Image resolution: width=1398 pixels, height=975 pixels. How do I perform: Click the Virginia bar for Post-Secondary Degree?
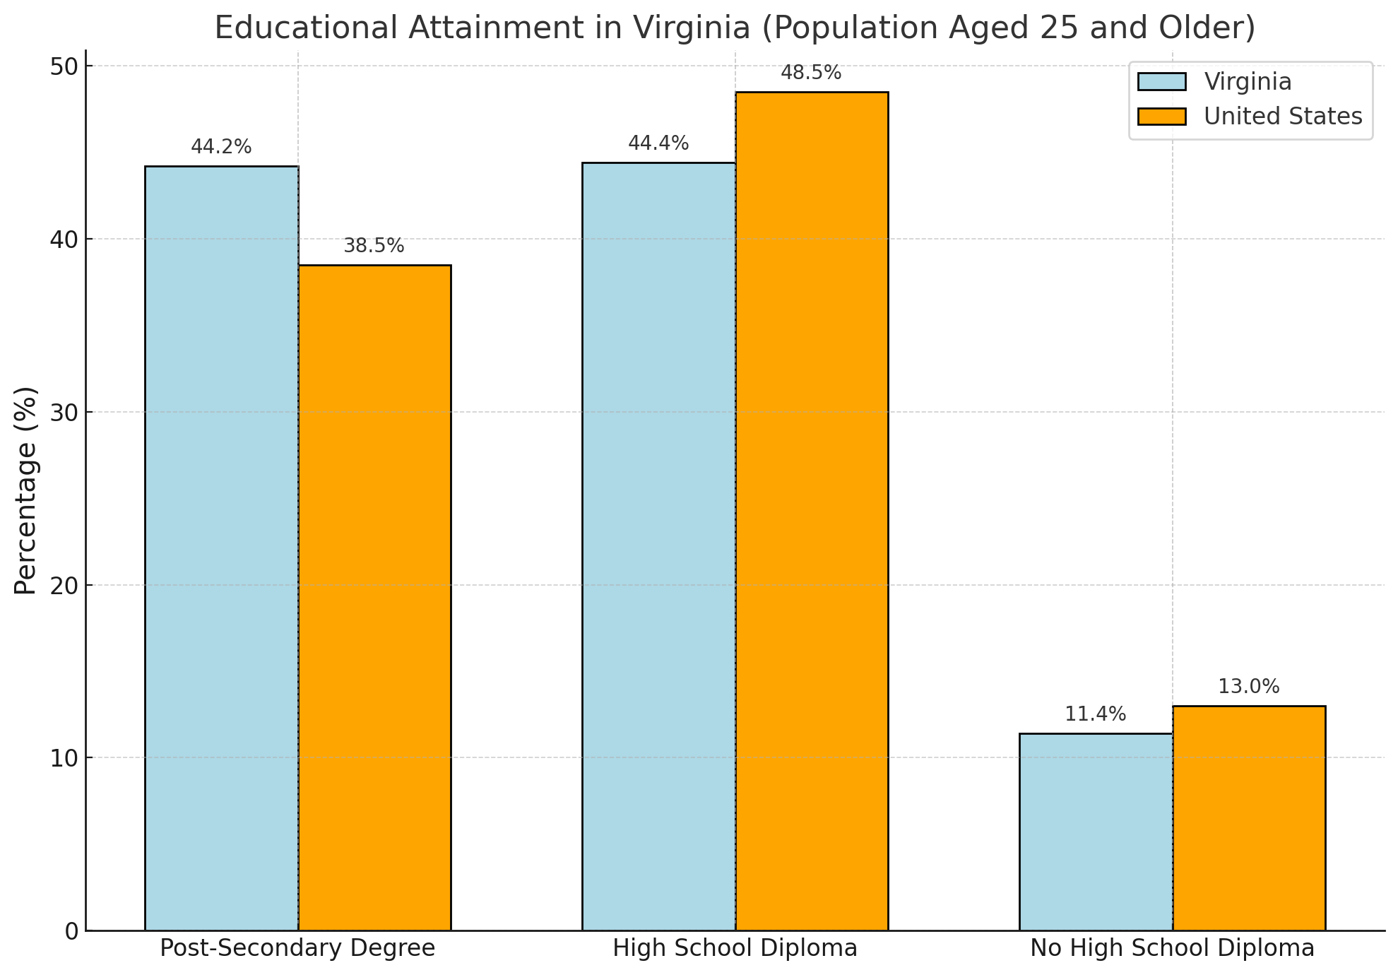coord(221,548)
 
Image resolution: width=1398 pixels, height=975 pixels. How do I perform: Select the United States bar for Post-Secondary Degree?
coord(374,598)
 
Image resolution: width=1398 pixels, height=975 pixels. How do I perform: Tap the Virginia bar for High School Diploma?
coord(658,546)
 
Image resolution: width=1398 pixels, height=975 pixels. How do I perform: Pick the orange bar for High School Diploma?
coord(812,511)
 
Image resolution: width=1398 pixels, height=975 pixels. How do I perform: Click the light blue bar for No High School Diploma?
coord(1096,832)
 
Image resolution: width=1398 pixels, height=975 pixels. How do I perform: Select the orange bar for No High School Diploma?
coord(1249,817)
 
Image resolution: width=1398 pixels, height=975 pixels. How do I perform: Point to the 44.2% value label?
coord(221,147)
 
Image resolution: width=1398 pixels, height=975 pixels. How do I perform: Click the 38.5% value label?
coord(374,246)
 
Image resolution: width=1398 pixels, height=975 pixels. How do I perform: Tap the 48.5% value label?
coord(811,73)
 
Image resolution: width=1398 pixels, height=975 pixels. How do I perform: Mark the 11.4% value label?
coord(1095,714)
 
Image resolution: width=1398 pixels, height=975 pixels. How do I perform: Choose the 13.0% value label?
coord(1249,687)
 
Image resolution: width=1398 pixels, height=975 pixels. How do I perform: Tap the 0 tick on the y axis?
coord(72,931)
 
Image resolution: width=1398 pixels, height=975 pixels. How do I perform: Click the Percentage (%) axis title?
coord(25,490)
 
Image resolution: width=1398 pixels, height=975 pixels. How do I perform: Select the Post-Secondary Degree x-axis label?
coord(297,948)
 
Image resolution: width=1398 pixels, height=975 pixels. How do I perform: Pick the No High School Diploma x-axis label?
coord(1172,948)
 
